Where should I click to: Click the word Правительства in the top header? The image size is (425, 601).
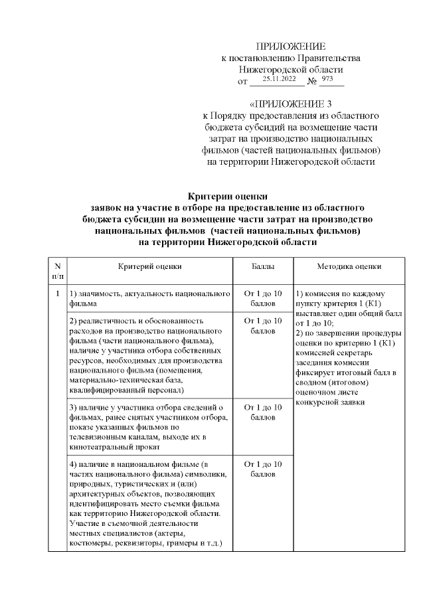click(x=322, y=58)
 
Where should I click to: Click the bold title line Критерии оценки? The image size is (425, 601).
click(x=228, y=196)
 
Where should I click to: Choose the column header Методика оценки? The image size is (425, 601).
click(x=349, y=266)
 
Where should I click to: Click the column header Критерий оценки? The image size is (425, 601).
click(x=149, y=266)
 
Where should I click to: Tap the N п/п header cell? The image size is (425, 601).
click(x=58, y=271)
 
